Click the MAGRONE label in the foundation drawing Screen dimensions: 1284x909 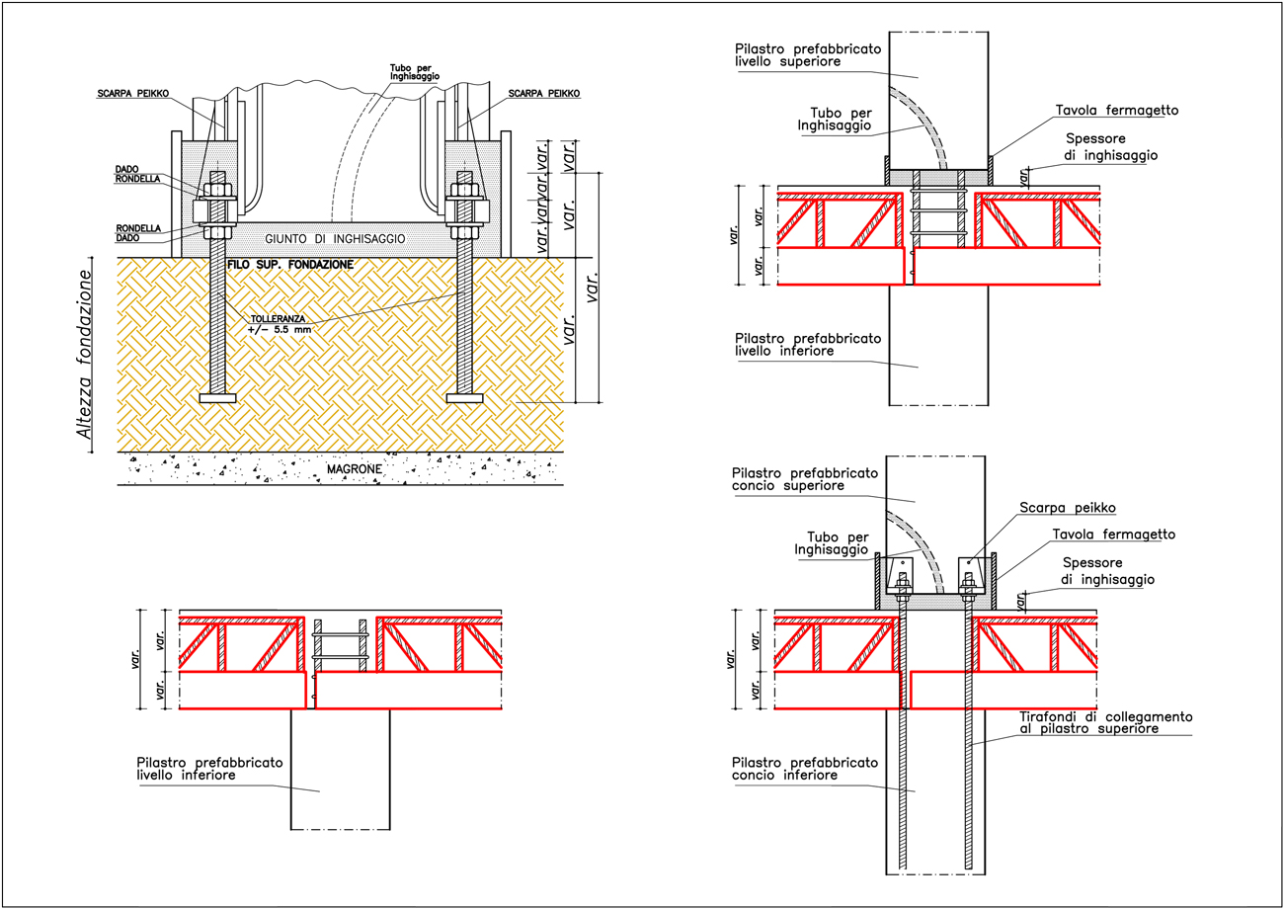tap(355, 469)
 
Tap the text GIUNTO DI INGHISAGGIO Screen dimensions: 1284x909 tap(335, 238)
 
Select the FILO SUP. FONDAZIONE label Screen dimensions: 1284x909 tap(290, 265)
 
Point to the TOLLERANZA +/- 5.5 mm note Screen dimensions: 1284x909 tap(280, 324)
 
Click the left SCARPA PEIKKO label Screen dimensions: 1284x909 tap(133, 94)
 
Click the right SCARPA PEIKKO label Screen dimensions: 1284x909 tap(544, 94)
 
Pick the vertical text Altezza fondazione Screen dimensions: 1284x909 tap(84, 355)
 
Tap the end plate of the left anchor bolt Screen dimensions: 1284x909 tap(217, 398)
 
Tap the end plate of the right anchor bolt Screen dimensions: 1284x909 tap(464, 398)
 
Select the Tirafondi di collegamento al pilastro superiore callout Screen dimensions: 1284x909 tap(1106, 722)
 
